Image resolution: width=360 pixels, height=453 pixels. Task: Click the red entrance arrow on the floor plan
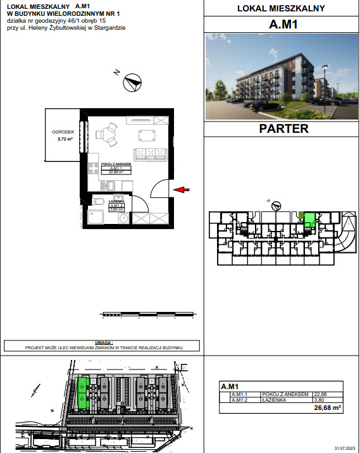click(182, 189)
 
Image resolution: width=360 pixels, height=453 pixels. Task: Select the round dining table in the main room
click(107, 134)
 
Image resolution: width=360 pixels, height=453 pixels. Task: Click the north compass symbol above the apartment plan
click(132, 80)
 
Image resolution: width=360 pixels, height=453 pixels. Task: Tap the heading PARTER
click(284, 128)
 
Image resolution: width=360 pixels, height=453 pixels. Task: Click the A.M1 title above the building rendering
click(284, 25)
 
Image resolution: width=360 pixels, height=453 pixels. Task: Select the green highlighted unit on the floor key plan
click(309, 220)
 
